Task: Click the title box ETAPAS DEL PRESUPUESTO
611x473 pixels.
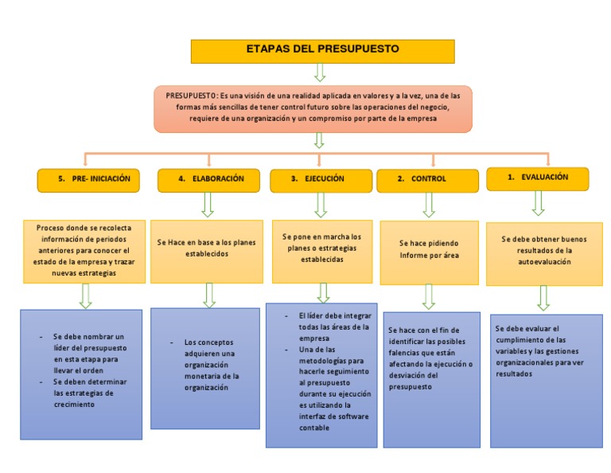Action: point(322,51)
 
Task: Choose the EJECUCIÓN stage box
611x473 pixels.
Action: point(319,180)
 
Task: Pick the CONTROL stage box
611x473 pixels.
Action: point(427,180)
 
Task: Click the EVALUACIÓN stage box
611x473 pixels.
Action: point(538,178)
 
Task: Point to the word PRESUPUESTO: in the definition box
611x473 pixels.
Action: point(192,95)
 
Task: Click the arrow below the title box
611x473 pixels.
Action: point(320,72)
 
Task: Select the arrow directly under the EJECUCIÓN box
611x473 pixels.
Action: point(321,205)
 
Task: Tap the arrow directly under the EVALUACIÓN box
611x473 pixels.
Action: point(538,202)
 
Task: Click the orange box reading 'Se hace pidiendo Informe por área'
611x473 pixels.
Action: point(429,249)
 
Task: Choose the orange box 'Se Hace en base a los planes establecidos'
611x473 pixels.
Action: point(207,248)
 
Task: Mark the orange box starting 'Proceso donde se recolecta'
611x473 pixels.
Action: point(84,250)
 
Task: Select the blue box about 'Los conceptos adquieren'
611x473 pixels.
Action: point(207,368)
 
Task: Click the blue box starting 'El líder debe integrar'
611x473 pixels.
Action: point(321,373)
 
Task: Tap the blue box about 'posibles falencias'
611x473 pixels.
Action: point(431,377)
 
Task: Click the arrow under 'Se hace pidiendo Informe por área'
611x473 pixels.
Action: point(429,297)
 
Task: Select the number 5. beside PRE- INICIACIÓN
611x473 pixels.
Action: point(61,179)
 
